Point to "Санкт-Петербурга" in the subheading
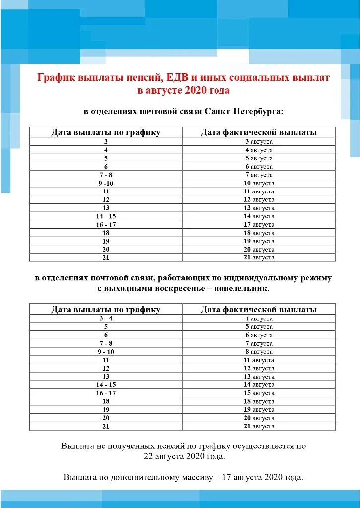coord(244,111)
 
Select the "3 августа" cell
coord(259,141)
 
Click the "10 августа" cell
coord(259,183)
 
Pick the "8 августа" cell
coord(259,352)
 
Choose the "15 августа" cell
coord(259,393)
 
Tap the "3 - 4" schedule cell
coord(106,318)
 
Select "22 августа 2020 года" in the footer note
coord(184,456)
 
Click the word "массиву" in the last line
coord(184,477)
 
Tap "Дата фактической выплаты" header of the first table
coord(259,132)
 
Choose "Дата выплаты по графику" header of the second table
coord(106,309)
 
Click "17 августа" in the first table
coord(259,225)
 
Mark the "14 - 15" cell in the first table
coord(106,216)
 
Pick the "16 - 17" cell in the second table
coord(106,393)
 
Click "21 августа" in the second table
coord(259,426)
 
